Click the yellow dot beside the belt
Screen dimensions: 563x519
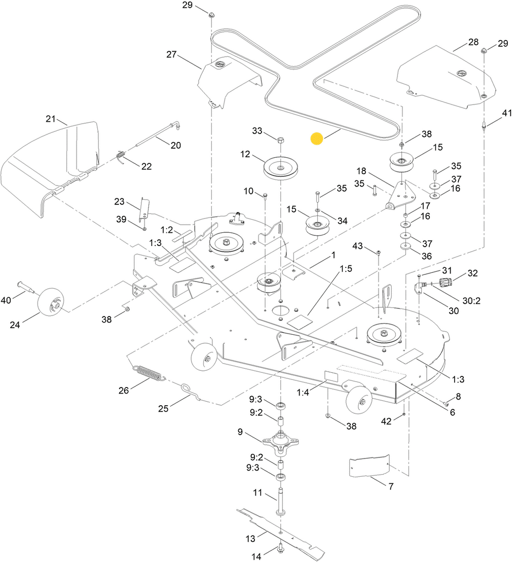tap(317, 139)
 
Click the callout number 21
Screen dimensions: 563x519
tap(50, 120)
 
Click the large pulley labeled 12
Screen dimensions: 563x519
tap(280, 167)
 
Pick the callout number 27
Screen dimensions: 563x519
tap(172, 54)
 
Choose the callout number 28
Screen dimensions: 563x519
tap(473, 42)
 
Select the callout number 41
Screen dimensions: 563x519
tap(507, 115)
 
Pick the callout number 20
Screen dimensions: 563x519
tap(175, 146)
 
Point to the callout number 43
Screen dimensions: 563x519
tap(358, 246)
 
